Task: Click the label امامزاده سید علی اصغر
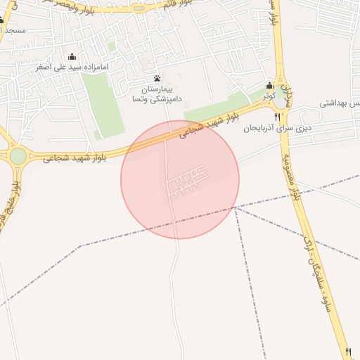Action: (72, 67)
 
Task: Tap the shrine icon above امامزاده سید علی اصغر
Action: (72, 56)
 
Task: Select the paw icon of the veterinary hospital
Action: (156, 78)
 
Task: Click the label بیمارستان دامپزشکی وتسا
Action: (156, 95)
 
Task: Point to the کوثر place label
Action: (269, 94)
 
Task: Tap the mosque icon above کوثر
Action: (269, 85)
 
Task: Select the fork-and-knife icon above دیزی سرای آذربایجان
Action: (277, 117)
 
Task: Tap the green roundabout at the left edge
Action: (18, 156)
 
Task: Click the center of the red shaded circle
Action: (180, 180)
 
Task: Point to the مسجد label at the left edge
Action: (13, 31)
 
